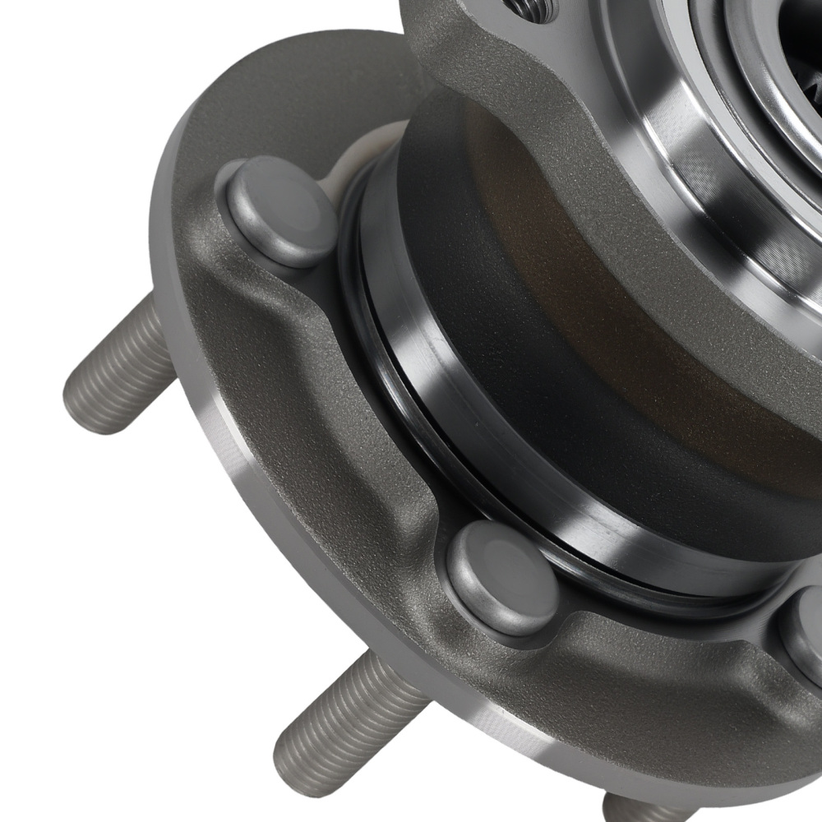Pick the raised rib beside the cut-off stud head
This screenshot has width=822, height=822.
click(x=682, y=649)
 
